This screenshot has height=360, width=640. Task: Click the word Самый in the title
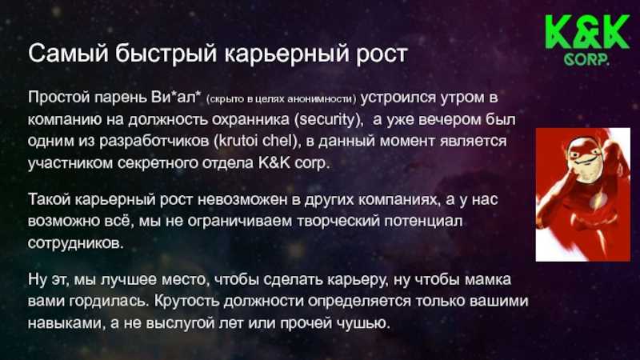(x=69, y=54)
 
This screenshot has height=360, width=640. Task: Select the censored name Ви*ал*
(x=176, y=97)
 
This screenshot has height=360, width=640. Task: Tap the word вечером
(x=450, y=119)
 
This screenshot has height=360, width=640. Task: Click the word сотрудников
(x=76, y=243)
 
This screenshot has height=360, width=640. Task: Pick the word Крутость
(x=187, y=302)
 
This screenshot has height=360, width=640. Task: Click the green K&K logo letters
(x=587, y=33)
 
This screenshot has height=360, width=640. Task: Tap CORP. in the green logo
(x=587, y=59)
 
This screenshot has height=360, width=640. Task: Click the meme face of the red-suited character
(x=583, y=159)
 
